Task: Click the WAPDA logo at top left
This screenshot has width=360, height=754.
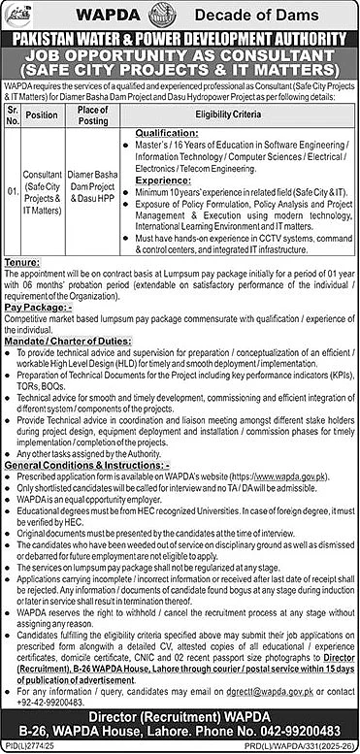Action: pos(26,15)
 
